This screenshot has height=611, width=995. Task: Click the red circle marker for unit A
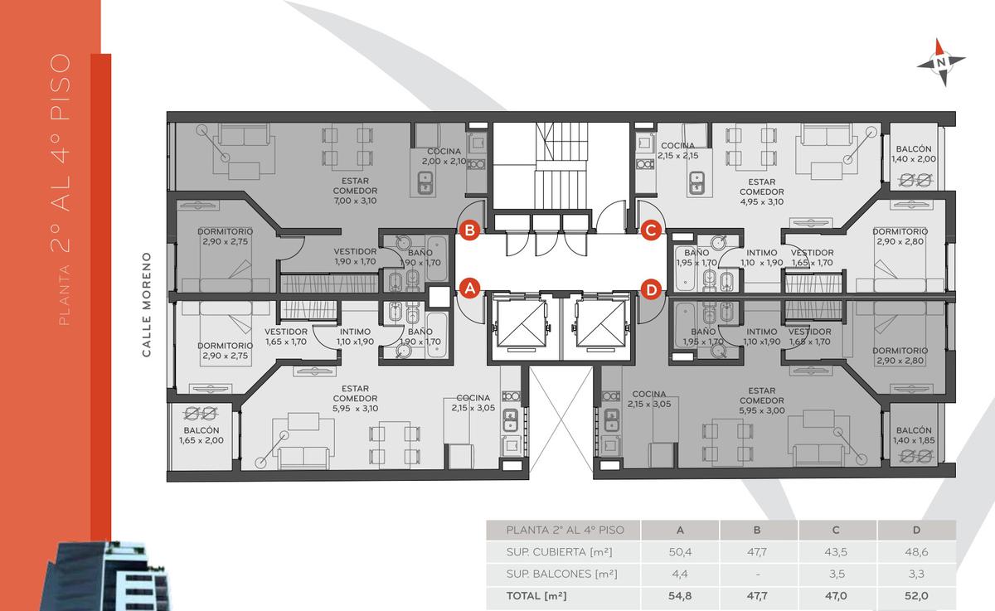[470, 289]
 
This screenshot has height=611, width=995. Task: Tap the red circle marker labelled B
[470, 230]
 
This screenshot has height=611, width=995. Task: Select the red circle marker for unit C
[651, 230]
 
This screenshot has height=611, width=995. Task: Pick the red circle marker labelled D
[651, 289]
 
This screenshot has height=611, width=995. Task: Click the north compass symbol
[941, 62]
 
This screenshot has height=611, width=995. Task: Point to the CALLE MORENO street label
[147, 304]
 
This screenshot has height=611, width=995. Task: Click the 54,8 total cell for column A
[680, 596]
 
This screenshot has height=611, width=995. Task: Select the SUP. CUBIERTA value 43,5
[836, 552]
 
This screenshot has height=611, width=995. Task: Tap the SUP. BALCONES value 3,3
[916, 574]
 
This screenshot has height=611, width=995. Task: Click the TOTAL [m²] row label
[536, 596]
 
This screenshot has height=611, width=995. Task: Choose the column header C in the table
[836, 530]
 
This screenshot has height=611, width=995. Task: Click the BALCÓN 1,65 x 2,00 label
[201, 435]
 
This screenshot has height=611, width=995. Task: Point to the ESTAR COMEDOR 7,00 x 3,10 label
[355, 191]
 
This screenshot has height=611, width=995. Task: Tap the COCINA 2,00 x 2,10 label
[444, 157]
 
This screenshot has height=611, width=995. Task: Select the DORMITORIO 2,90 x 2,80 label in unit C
[900, 236]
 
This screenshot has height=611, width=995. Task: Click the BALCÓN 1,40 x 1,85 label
[914, 435]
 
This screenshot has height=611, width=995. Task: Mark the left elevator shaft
[521, 325]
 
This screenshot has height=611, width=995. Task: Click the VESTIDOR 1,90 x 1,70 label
[355, 257]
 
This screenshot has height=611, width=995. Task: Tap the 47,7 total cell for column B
[757, 596]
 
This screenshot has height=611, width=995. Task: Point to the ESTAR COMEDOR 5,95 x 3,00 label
[762, 400]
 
